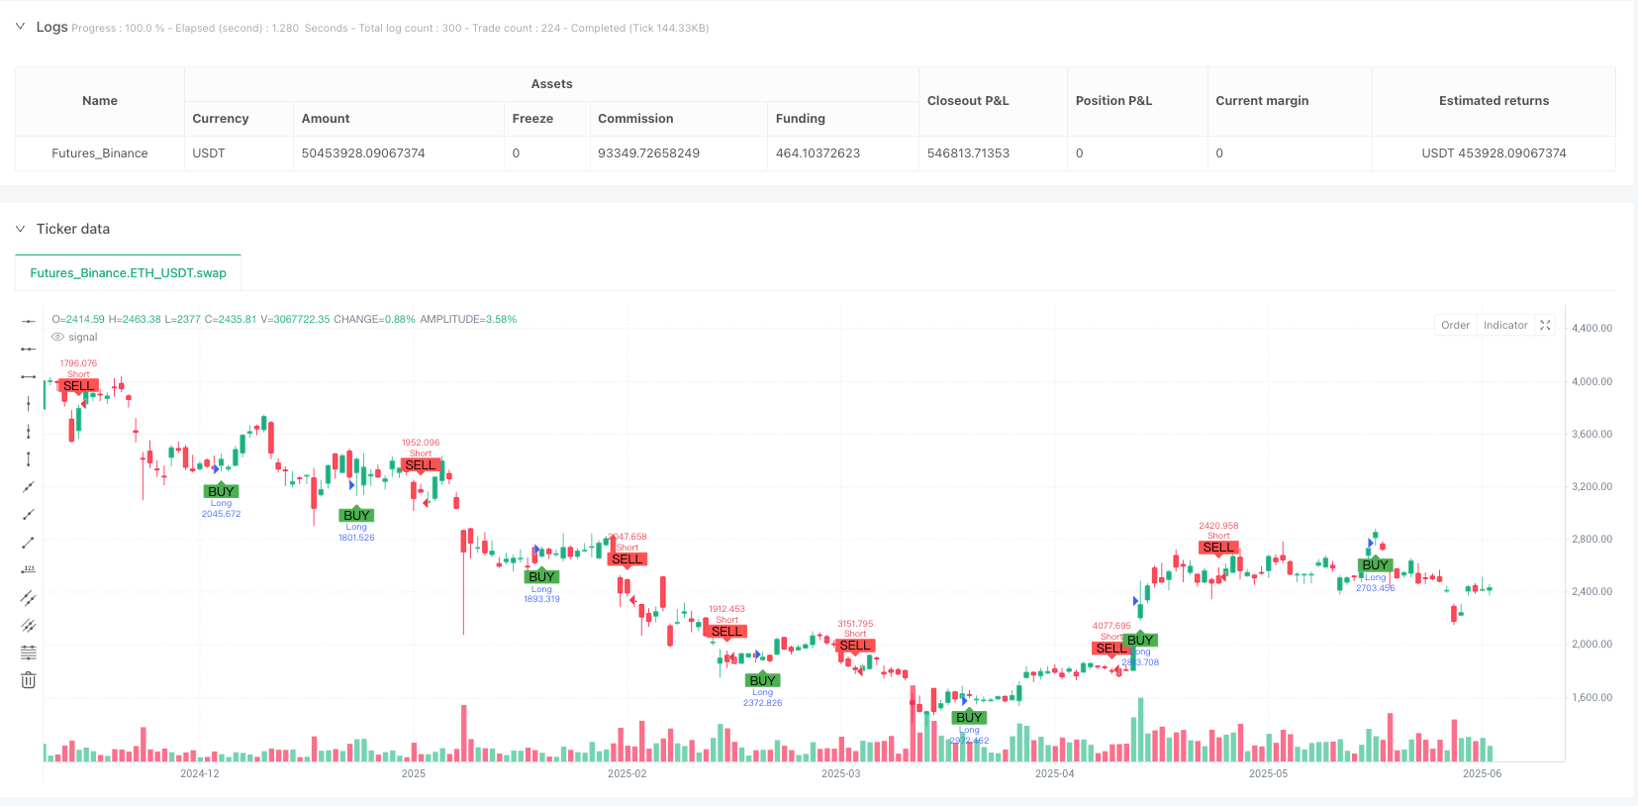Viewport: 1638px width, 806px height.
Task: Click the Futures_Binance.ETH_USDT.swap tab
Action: pyautogui.click(x=128, y=273)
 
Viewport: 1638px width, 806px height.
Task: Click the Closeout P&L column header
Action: pyautogui.click(x=968, y=101)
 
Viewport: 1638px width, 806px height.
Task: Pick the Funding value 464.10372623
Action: pyautogui.click(x=818, y=153)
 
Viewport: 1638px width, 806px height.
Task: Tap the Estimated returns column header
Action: pyautogui.click(x=1493, y=101)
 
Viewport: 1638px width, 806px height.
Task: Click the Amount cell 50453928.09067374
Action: pyautogui.click(x=363, y=153)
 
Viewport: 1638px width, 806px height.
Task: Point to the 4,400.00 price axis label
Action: pyautogui.click(x=1591, y=328)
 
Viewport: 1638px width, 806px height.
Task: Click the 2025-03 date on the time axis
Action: pyautogui.click(x=840, y=773)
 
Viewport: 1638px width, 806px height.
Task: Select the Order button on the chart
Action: pyautogui.click(x=1455, y=325)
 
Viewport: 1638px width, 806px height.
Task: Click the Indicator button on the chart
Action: pyautogui.click(x=1504, y=325)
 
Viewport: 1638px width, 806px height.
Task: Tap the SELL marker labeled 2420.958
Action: pyautogui.click(x=1218, y=548)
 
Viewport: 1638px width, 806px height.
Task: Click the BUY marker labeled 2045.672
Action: pyautogui.click(x=221, y=491)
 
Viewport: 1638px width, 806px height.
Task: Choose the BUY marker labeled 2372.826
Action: pyautogui.click(x=762, y=680)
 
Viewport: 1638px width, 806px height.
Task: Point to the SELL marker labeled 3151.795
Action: pyautogui.click(x=855, y=646)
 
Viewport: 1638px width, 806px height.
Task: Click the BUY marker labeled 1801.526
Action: pyautogui.click(x=356, y=515)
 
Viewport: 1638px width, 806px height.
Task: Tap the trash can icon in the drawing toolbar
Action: pyautogui.click(x=29, y=680)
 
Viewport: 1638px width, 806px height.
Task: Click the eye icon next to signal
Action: pyautogui.click(x=57, y=338)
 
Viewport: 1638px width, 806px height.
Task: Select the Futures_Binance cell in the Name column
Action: pyautogui.click(x=100, y=153)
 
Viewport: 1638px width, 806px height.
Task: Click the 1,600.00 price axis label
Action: pyautogui.click(x=1591, y=697)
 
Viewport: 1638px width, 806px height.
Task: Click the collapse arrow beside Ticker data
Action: pyautogui.click(x=20, y=229)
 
